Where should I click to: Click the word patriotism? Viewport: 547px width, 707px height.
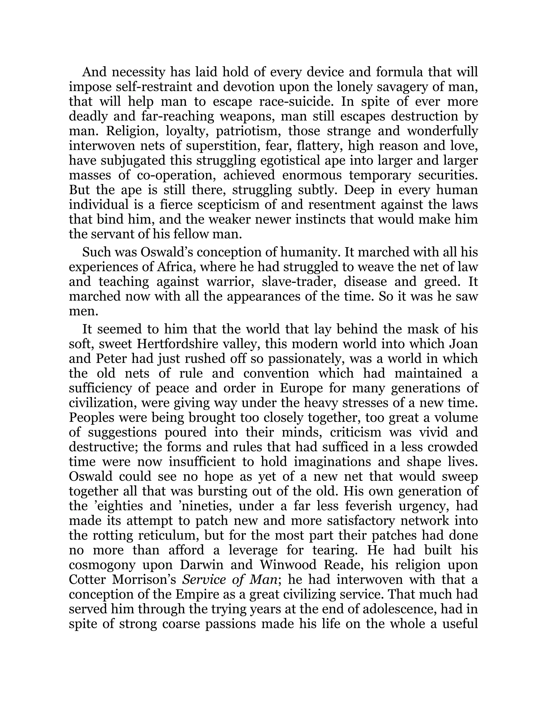pos(249,131)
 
